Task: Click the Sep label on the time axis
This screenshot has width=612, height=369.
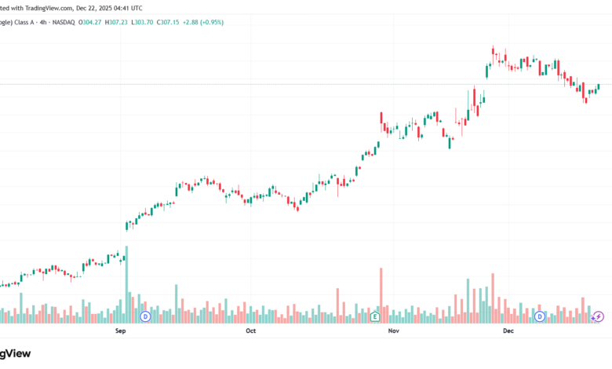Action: [x=121, y=331]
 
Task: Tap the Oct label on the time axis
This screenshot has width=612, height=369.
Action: [x=250, y=331]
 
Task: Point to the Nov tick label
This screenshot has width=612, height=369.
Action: [x=394, y=331]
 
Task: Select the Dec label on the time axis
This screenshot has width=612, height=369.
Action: [x=508, y=331]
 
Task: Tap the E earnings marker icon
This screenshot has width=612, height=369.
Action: [x=375, y=316]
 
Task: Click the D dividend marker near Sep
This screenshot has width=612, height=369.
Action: [x=145, y=316]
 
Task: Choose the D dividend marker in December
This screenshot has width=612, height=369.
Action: [x=540, y=316]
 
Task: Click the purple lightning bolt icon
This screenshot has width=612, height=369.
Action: [x=599, y=316]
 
